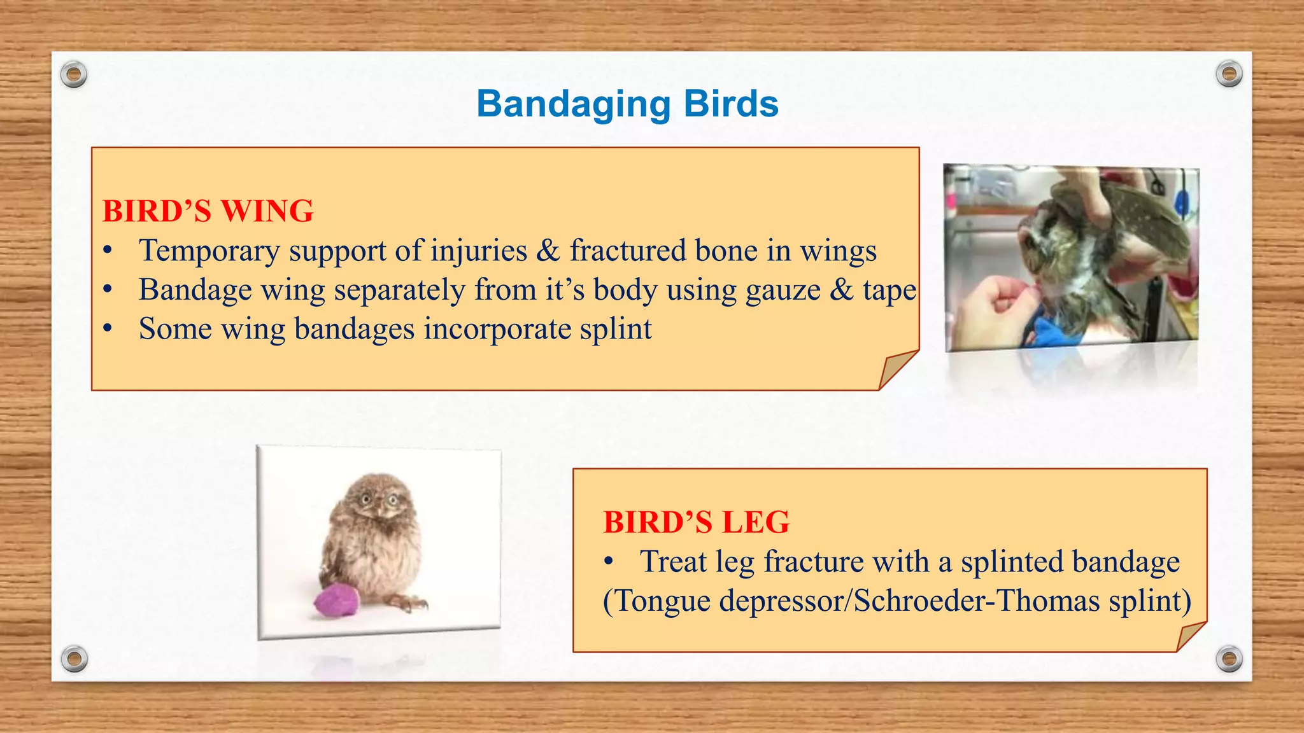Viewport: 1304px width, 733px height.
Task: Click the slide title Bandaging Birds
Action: click(627, 104)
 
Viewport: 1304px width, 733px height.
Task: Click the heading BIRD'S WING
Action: click(208, 211)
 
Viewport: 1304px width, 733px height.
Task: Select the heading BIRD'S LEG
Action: click(696, 522)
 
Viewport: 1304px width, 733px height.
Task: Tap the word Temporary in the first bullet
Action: click(209, 251)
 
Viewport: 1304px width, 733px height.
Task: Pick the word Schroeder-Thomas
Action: click(976, 601)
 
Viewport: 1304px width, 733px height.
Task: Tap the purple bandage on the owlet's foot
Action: click(337, 601)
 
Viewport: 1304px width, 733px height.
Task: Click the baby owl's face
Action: click(377, 501)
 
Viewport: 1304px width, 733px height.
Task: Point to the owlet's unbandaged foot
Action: click(407, 601)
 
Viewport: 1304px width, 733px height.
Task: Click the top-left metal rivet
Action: click(74, 75)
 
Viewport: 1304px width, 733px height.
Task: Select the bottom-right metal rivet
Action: click(1228, 659)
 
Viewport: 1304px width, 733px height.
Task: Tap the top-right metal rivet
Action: click(1228, 74)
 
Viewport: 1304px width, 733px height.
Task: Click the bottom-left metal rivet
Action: click(74, 659)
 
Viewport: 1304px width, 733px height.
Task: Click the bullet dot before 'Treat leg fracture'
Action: click(609, 562)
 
